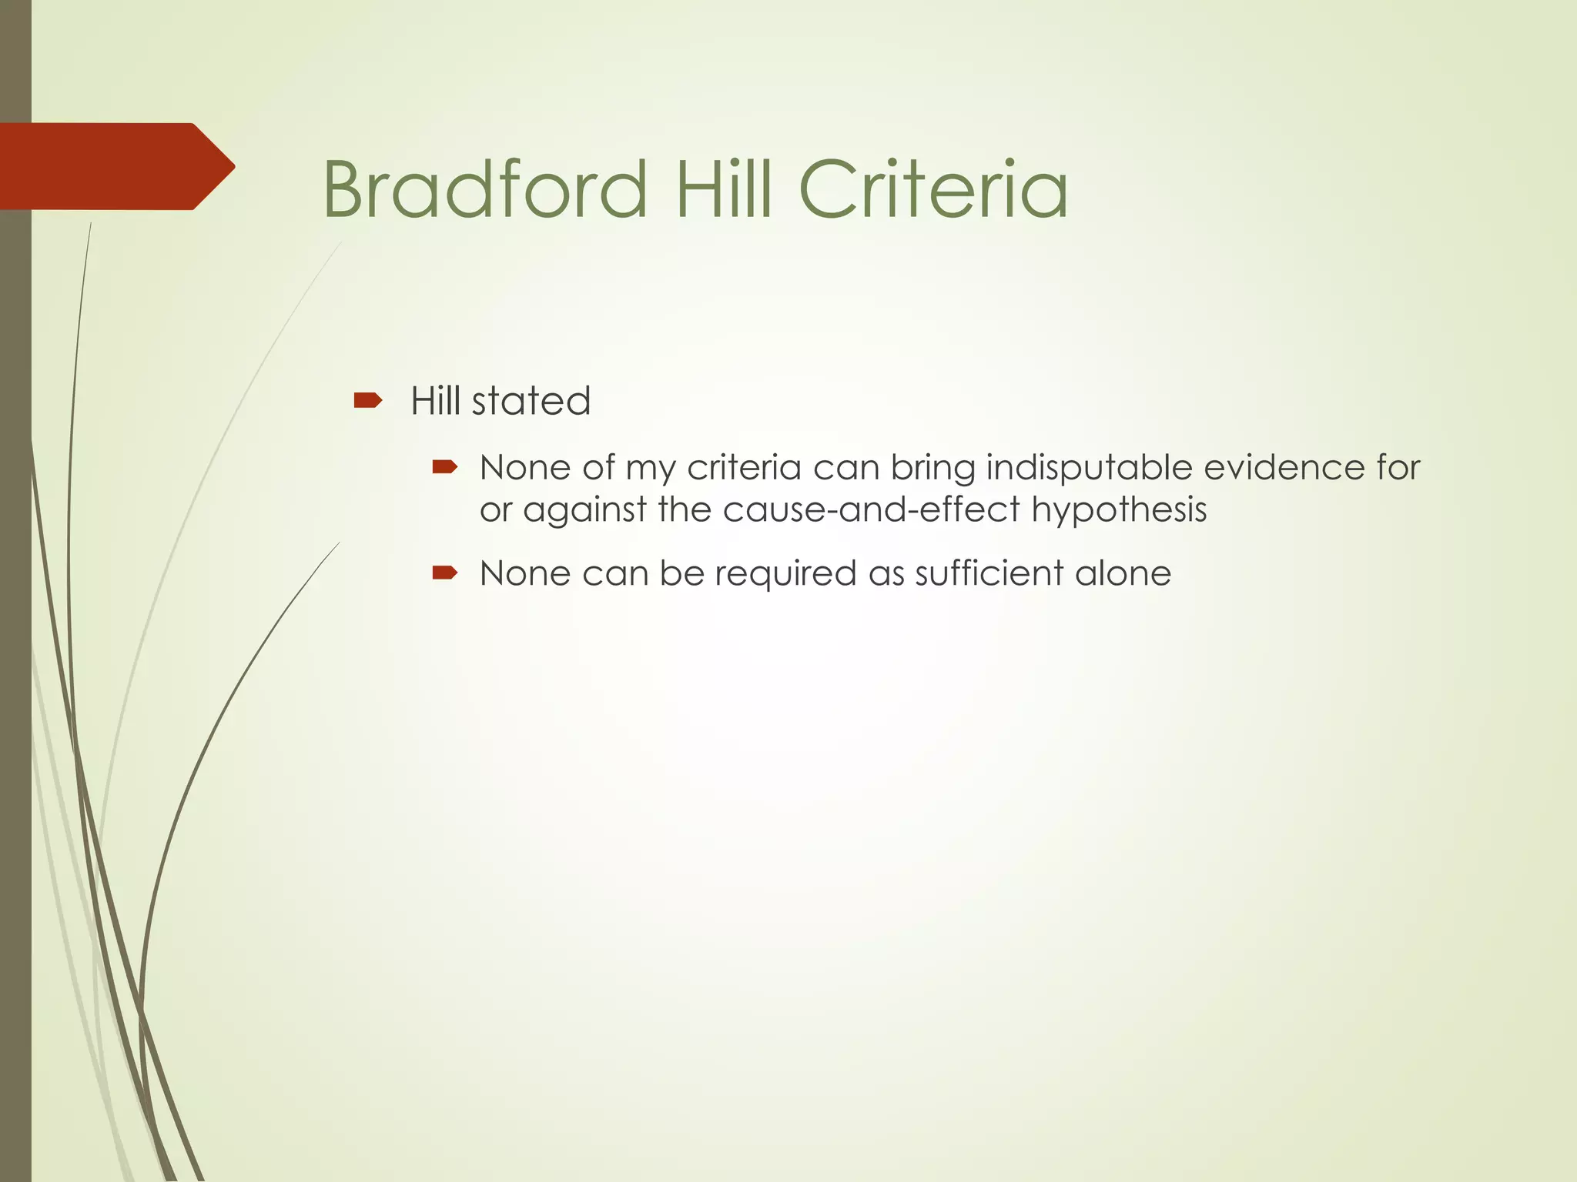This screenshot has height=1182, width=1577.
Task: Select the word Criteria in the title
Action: pyautogui.click(x=933, y=189)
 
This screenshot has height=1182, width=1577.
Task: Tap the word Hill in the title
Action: pyautogui.click(x=723, y=189)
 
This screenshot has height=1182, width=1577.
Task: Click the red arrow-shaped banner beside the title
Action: pyautogui.click(x=116, y=166)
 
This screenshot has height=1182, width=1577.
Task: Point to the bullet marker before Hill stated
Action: pyautogui.click(x=367, y=400)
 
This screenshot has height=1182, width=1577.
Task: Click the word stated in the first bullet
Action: pyautogui.click(x=531, y=401)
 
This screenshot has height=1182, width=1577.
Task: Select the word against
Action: pyautogui.click(x=584, y=510)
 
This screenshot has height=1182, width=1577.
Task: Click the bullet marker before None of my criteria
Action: pyautogui.click(x=445, y=467)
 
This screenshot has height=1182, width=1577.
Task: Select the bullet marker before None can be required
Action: pyautogui.click(x=445, y=573)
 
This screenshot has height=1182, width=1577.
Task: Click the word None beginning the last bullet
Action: pyautogui.click(x=524, y=573)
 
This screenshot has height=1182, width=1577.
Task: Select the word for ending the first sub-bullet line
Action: pyautogui.click(x=1398, y=468)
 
